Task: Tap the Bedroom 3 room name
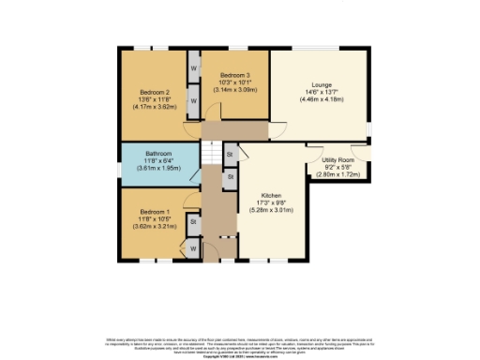tap(234, 75)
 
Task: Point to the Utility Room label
tap(336, 161)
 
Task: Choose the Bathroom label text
tap(158, 153)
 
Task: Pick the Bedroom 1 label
tap(155, 212)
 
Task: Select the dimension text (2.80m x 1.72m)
tap(336, 175)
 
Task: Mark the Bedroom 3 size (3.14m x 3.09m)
tap(234, 89)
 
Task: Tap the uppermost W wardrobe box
tap(194, 69)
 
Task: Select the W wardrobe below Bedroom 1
tap(194, 248)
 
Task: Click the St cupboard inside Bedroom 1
tap(192, 223)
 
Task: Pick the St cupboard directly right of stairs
tap(230, 151)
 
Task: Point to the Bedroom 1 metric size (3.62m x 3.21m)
tap(155, 227)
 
